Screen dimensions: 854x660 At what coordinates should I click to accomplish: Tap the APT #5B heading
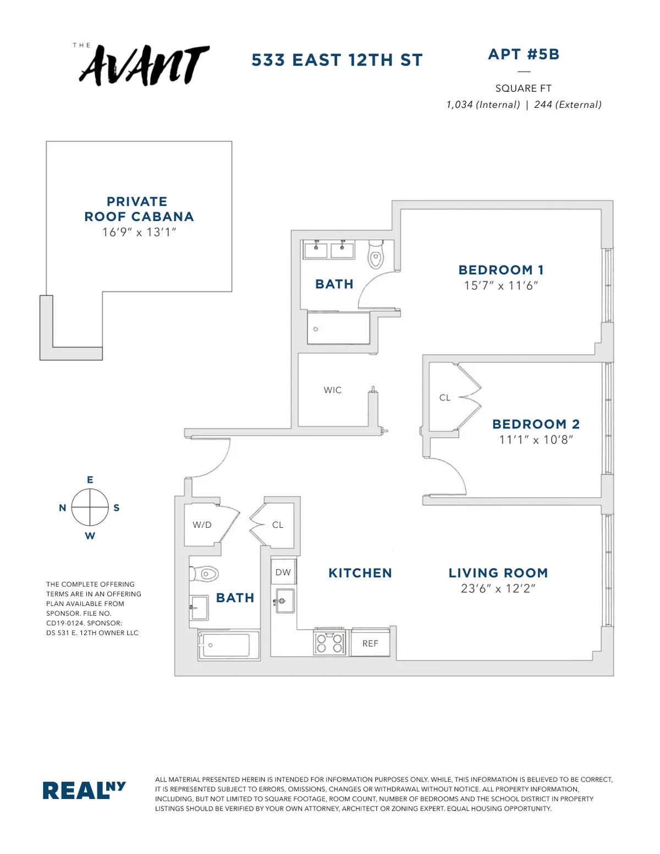524,54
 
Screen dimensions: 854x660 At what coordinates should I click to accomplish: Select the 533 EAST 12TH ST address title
337,60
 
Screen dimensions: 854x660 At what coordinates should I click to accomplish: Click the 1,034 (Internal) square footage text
483,104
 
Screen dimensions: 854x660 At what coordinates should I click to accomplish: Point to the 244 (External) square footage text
568,104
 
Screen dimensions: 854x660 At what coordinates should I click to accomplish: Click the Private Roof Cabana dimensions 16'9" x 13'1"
139,232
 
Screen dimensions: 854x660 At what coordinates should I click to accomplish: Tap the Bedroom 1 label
501,270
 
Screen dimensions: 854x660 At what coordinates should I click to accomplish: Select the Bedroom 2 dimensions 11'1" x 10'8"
536,439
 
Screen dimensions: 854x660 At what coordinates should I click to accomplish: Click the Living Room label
498,573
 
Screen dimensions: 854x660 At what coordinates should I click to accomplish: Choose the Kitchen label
360,573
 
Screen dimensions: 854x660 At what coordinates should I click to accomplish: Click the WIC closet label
333,390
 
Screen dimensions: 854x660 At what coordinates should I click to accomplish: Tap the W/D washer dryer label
202,525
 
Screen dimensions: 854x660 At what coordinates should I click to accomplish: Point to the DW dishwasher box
283,572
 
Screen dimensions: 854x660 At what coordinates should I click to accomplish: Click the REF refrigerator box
370,643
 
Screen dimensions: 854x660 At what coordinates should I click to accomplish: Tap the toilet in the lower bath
205,574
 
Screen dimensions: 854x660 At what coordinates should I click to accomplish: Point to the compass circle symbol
90,507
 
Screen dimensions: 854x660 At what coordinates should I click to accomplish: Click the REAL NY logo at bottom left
84,790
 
